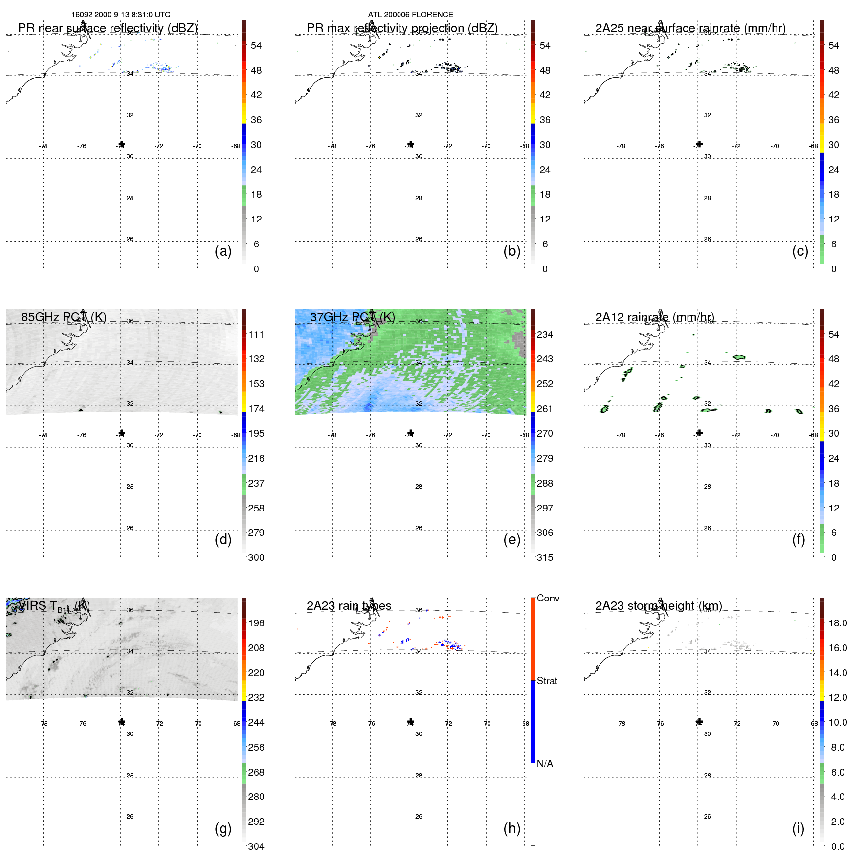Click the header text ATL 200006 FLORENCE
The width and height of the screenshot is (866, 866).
pyautogui.click(x=410, y=15)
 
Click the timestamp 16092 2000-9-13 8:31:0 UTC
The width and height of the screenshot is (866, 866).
pyautogui.click(x=121, y=15)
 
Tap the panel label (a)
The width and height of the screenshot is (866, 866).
pyautogui.click(x=223, y=251)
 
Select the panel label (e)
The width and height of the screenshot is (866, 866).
pyautogui.click(x=511, y=539)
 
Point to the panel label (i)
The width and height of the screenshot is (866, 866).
pyautogui.click(x=798, y=828)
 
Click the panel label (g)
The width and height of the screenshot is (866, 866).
pyautogui.click(x=223, y=828)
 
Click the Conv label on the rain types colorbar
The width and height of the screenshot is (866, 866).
pyautogui.click(x=548, y=598)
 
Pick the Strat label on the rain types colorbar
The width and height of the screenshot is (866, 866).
pyautogui.click(x=547, y=681)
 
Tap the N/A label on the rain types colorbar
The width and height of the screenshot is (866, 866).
pyautogui.click(x=545, y=764)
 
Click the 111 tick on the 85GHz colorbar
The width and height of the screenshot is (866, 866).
pyautogui.click(x=256, y=334)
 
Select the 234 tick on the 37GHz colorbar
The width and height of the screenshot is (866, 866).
pyautogui.click(x=545, y=334)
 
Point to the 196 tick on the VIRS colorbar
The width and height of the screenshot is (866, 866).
pyautogui.click(x=256, y=623)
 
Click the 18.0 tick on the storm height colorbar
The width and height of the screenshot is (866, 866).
pyautogui.click(x=838, y=623)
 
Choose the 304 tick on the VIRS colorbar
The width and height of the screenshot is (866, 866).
pyautogui.click(x=256, y=846)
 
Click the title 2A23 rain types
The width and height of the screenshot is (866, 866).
pyautogui.click(x=349, y=606)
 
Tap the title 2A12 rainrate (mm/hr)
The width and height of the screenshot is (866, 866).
pyautogui.click(x=655, y=317)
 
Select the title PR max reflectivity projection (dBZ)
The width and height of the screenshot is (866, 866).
pyautogui.click(x=402, y=28)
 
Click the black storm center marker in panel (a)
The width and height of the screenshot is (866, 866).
pyautogui.click(x=122, y=144)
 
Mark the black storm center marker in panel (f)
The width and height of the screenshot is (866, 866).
pyautogui.click(x=699, y=433)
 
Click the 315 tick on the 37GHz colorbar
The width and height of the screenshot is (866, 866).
pyautogui.click(x=545, y=557)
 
